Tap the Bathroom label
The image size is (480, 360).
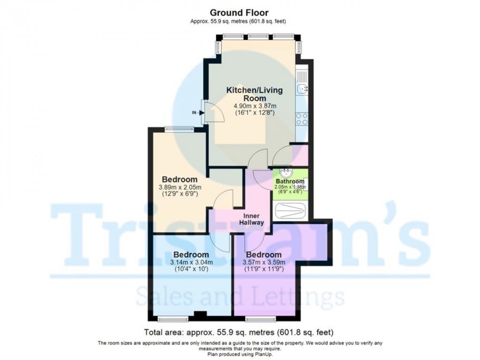point(289,181)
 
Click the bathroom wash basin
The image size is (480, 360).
point(284,172)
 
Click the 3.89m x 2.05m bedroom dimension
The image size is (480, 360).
point(179,187)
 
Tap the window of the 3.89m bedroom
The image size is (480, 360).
point(179,128)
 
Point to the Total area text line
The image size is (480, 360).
point(240,332)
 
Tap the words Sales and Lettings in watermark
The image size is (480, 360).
point(240,297)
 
